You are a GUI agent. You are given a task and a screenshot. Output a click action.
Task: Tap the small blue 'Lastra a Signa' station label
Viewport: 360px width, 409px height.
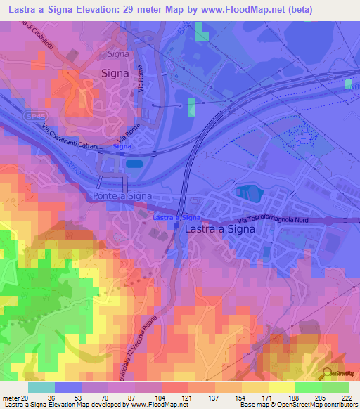click(x=176, y=218)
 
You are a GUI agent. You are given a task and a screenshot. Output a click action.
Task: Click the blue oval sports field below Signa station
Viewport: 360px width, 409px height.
click(x=133, y=164)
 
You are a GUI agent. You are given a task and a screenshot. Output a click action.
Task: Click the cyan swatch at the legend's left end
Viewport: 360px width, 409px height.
click(x=41, y=387)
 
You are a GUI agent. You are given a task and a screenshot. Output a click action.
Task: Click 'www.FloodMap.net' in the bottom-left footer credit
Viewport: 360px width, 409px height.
click(x=150, y=405)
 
